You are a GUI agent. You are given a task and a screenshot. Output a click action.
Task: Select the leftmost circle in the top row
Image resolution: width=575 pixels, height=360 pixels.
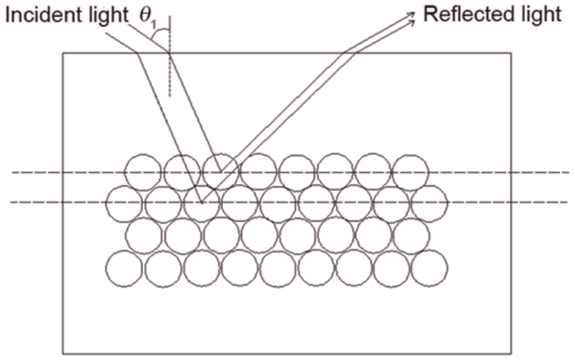[x=142, y=172]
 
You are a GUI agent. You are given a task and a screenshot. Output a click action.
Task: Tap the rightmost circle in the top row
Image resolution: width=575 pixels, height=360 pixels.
[x=410, y=172]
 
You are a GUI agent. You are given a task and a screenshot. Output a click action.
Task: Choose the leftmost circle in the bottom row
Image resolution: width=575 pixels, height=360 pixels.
[x=125, y=268]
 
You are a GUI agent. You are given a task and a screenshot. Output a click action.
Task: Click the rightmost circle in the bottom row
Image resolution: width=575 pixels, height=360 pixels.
[x=430, y=268]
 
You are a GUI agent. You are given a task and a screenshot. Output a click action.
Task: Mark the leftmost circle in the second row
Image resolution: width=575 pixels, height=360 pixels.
[x=125, y=203]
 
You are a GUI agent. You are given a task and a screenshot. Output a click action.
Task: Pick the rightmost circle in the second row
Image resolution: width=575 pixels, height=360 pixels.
[x=429, y=203]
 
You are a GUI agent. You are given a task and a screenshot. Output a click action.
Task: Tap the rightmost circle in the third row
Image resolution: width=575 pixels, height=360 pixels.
[x=411, y=235]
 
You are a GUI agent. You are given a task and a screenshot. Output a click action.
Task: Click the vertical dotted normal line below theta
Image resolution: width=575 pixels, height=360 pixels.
[x=171, y=75]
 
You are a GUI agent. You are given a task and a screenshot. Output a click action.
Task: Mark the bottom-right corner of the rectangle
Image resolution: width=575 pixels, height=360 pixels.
[x=511, y=353]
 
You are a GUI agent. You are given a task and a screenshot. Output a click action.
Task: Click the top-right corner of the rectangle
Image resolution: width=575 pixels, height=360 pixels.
[x=511, y=53]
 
